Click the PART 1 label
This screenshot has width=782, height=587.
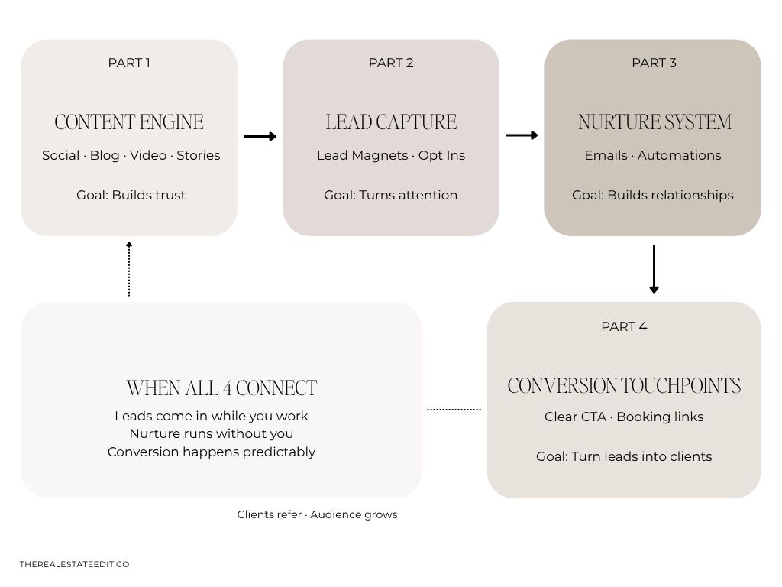coord(129,63)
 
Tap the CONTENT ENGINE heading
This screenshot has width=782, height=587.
coord(129,122)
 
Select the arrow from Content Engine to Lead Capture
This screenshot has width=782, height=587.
coord(260,136)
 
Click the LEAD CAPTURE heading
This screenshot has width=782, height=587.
coord(391,122)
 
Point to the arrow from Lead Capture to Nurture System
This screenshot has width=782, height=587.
coord(522,135)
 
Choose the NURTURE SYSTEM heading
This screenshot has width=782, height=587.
coord(654,122)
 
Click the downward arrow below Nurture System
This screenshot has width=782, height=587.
coord(654,269)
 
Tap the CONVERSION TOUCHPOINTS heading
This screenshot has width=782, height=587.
coord(624,386)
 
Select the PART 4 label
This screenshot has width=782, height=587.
coord(624,326)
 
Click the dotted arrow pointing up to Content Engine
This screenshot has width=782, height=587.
coord(129,269)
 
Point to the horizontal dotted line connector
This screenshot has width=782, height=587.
coord(454,410)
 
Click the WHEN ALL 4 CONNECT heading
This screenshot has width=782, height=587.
coord(221,388)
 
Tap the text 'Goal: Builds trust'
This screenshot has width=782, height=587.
coord(131,195)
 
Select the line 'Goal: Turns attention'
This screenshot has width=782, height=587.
coord(391,195)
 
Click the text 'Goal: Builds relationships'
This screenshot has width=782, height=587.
coord(653,195)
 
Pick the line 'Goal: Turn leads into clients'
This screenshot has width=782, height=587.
coord(624,456)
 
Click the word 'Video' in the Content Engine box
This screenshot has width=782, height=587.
coord(148,155)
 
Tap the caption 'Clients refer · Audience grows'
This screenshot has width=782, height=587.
coord(317,514)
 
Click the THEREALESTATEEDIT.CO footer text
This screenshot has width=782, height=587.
coord(74,564)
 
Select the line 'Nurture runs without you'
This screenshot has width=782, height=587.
coord(212,434)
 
